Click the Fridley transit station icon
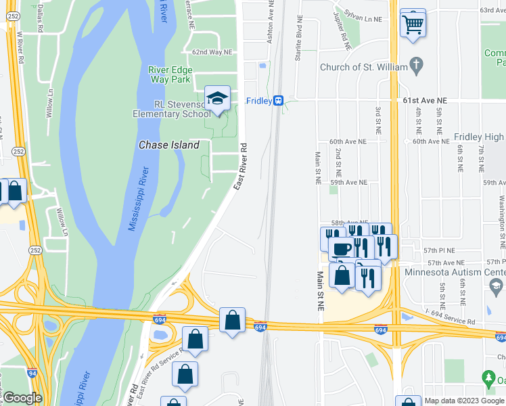(278, 101)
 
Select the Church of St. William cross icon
(417, 67)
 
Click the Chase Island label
(169, 145)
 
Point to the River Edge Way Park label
(170, 74)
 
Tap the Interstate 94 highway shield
(32, 373)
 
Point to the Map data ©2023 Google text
(464, 400)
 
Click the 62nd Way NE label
(212, 51)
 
